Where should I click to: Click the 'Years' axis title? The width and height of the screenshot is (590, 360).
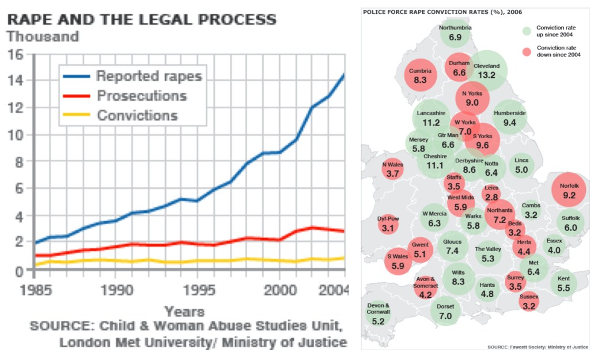(x=184, y=312)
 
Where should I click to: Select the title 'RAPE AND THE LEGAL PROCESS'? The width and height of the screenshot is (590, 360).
(x=142, y=19)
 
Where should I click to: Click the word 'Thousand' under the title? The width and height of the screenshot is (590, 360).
(x=43, y=36)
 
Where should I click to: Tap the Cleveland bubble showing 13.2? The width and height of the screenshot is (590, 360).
(x=486, y=70)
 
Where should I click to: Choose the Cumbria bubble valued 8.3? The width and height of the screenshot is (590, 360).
(x=421, y=75)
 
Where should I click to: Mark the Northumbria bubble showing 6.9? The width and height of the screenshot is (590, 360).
(x=455, y=33)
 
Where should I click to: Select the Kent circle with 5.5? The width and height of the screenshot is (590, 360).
(x=563, y=283)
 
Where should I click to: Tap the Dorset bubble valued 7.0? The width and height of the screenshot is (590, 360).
(x=445, y=311)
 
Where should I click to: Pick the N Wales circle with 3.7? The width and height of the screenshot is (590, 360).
(x=392, y=169)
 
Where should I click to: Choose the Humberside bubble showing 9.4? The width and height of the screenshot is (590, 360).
(x=509, y=118)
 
